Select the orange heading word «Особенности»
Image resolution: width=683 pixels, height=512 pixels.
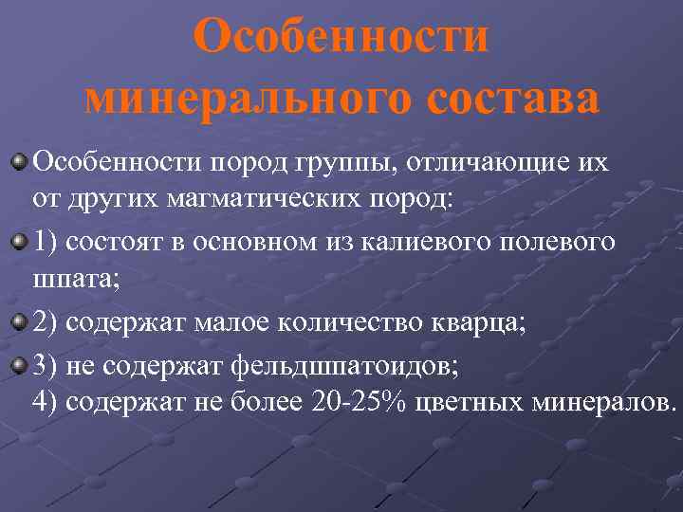(x=341, y=38)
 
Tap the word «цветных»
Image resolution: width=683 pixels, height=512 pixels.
(x=459, y=402)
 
